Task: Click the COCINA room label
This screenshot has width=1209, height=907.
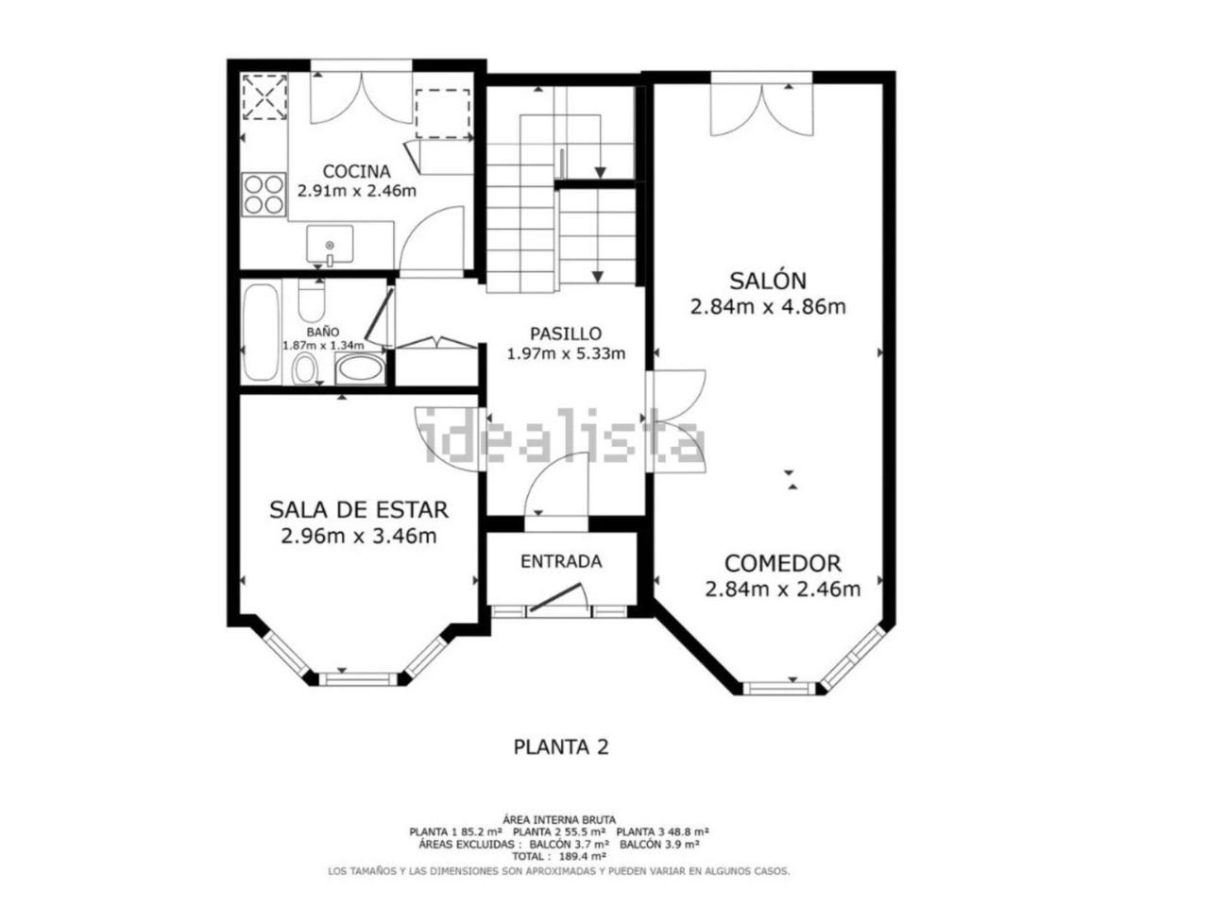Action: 356,172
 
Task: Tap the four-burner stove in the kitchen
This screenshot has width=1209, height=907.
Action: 264,195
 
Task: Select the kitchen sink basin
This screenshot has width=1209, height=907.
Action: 330,244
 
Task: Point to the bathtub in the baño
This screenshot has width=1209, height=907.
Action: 261,332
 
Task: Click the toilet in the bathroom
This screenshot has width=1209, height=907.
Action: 312,301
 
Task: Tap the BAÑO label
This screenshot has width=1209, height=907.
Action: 323,332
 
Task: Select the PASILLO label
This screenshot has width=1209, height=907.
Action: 565,334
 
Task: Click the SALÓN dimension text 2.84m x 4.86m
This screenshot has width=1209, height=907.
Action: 768,307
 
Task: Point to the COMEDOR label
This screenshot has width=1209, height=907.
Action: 782,563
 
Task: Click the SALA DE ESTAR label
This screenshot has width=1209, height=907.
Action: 359,510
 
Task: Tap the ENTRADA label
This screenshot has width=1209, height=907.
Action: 561,562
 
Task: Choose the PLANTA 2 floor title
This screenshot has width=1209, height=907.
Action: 561,747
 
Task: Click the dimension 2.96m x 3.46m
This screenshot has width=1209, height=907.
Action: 359,536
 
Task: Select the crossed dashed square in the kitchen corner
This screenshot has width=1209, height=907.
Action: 264,97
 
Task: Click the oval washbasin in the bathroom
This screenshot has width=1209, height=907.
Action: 359,368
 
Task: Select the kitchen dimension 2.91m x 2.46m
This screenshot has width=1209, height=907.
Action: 356,191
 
